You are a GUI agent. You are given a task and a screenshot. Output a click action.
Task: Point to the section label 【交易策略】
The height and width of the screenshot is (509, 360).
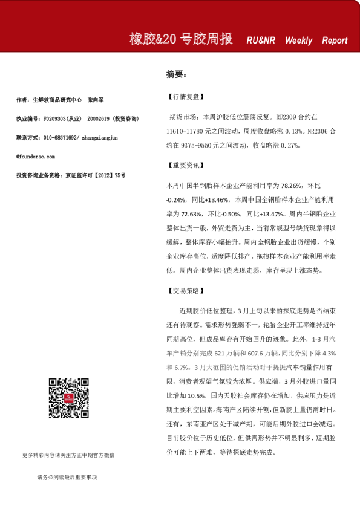(185, 291)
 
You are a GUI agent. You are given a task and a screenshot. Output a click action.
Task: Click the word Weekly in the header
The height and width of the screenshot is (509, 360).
(298, 41)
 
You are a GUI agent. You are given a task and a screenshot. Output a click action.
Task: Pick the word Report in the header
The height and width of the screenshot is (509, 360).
(335, 41)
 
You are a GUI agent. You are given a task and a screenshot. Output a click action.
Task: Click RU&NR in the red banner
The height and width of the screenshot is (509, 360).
(261, 41)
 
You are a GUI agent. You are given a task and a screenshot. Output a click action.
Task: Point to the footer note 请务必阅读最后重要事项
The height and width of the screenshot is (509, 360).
(67, 478)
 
